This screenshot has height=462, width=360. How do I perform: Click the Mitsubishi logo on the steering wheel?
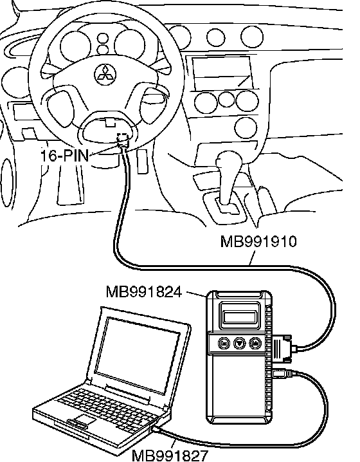click(x=105, y=74)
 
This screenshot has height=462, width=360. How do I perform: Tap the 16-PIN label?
click(x=64, y=155)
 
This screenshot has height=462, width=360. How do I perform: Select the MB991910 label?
click(x=258, y=242)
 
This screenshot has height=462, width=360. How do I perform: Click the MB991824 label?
click(x=144, y=292)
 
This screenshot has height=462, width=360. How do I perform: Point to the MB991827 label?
click(x=170, y=456)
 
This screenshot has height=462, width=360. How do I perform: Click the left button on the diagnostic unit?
click(x=224, y=343)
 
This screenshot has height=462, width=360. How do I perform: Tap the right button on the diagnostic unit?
click(x=255, y=343)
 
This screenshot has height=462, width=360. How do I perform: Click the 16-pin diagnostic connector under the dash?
click(x=123, y=141)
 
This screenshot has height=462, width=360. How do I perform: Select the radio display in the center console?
click(x=223, y=72)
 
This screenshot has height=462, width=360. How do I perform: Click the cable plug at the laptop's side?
click(x=156, y=430)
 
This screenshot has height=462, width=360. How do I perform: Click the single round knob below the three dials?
click(x=246, y=128)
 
